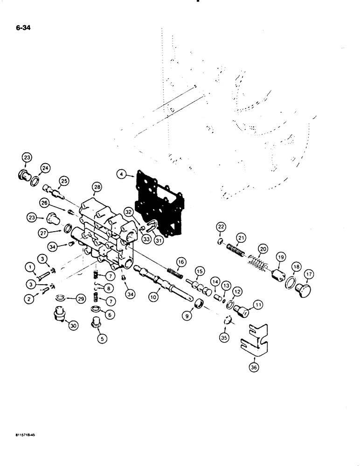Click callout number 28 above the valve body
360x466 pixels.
(97, 187)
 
